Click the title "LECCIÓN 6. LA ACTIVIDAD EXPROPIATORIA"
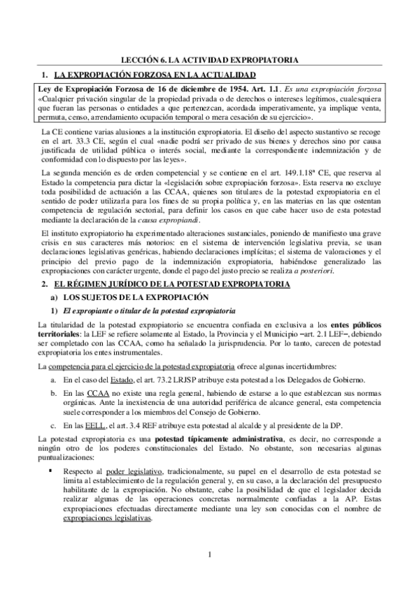[209, 61]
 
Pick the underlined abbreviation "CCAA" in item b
[89, 394]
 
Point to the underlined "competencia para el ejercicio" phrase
[102, 367]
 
